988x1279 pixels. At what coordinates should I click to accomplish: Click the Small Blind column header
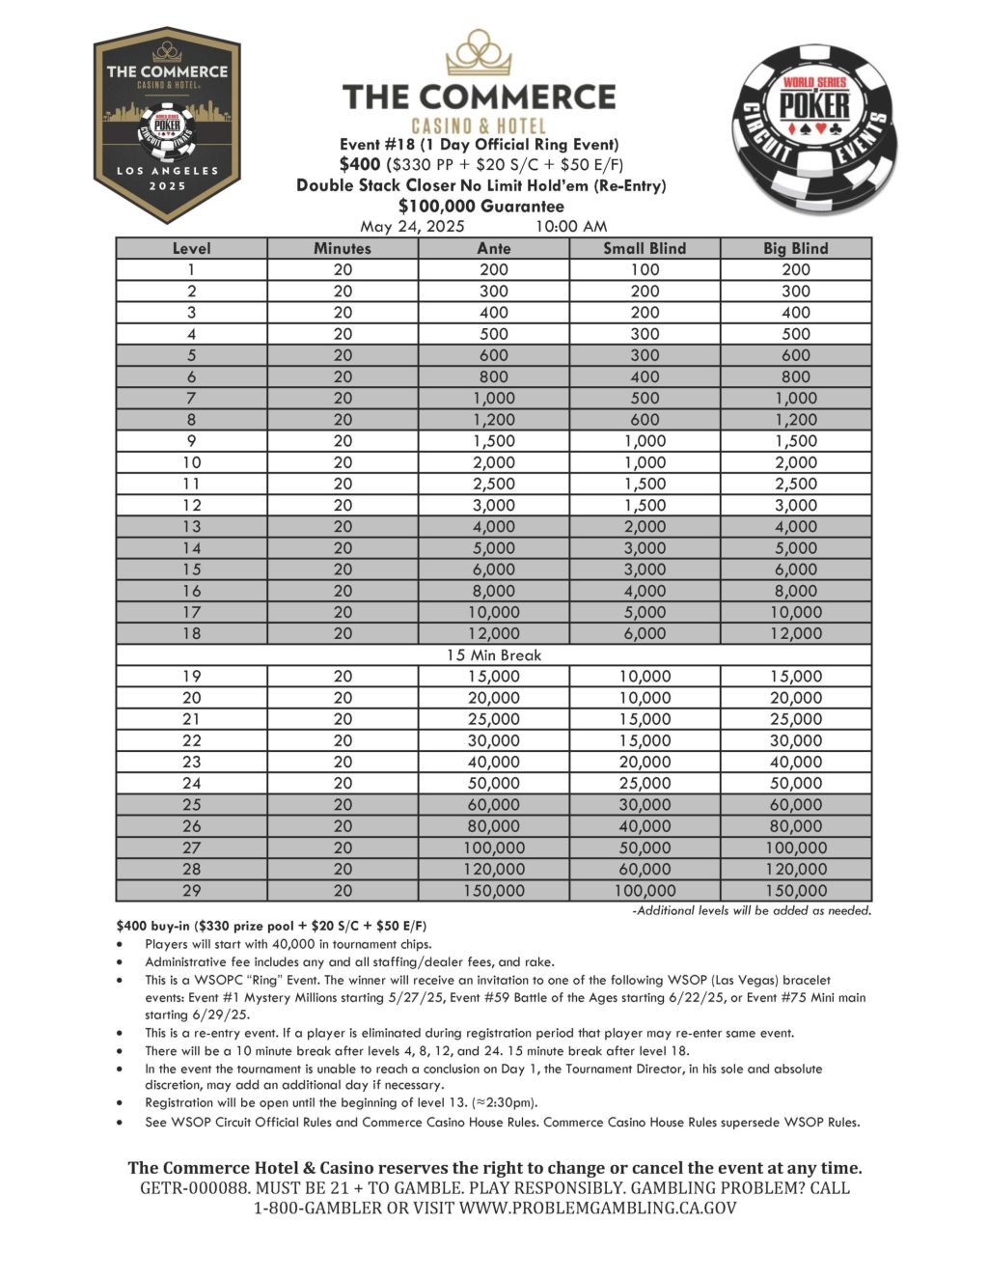[645, 248]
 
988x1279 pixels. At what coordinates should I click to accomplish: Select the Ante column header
[493, 248]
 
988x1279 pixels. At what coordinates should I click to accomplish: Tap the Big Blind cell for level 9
[796, 441]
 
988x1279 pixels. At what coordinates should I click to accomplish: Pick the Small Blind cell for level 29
[645, 891]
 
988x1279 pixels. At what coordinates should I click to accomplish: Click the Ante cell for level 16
[493, 591]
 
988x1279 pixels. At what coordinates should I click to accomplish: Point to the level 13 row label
[191, 527]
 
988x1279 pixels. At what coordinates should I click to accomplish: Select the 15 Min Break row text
[493, 655]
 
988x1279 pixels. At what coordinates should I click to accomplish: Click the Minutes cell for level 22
[343, 741]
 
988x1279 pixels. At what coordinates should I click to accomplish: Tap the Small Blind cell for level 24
[645, 784]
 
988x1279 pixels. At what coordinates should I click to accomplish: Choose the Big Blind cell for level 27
[796, 848]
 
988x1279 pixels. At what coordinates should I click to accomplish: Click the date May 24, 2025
[412, 227]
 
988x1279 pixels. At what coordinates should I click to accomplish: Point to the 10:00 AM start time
[570, 227]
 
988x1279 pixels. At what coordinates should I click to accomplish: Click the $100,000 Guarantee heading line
[480, 206]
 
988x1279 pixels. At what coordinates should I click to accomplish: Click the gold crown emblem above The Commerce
[479, 54]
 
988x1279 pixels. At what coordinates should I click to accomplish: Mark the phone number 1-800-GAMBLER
[318, 1208]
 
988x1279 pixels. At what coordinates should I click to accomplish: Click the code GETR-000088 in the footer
[195, 1188]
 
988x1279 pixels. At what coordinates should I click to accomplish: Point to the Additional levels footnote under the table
[751, 910]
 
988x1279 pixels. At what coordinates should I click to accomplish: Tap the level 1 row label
[191, 270]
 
